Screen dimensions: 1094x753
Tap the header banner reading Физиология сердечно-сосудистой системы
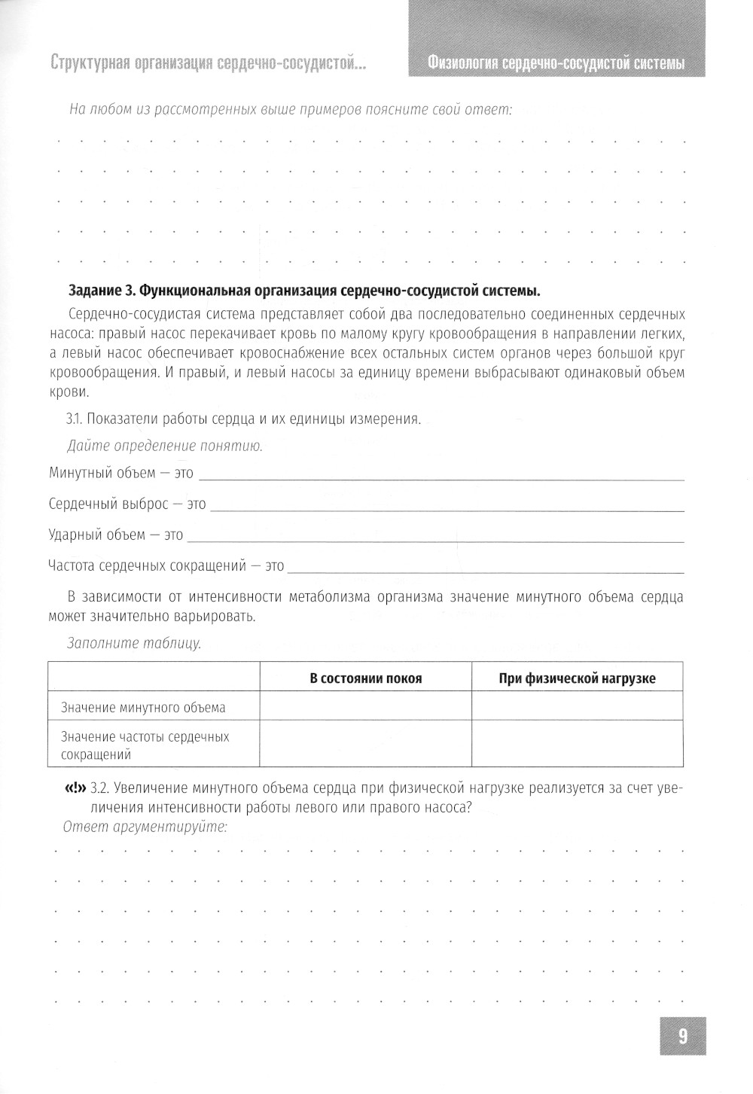555,63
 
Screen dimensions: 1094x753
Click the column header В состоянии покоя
366,678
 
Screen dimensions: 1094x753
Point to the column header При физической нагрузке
577,678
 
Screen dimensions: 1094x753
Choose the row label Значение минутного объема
143,708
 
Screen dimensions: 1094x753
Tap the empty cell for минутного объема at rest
366,707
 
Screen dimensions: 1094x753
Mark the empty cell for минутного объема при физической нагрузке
577,707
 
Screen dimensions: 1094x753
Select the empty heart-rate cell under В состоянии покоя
366,745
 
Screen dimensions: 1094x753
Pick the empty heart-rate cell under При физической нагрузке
577,745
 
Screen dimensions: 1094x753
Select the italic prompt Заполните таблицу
133,644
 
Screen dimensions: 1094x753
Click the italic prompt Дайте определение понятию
164,446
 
